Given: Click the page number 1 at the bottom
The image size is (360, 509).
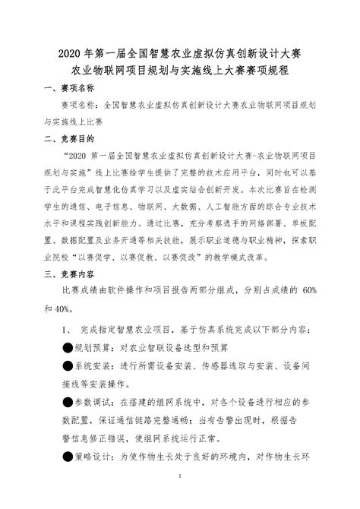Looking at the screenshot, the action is (x=179, y=498).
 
